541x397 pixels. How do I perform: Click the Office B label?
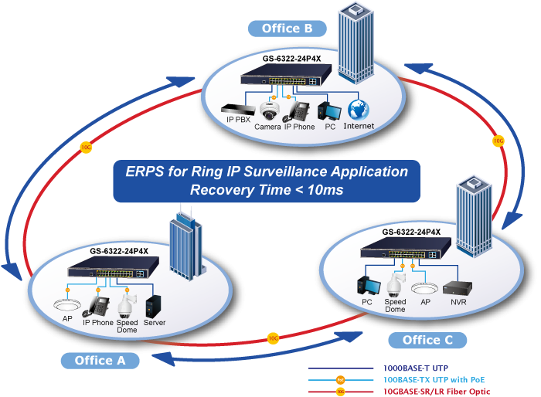click(x=287, y=29)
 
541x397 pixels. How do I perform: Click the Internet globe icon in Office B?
click(x=358, y=109)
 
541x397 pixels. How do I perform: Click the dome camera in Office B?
click(x=268, y=110)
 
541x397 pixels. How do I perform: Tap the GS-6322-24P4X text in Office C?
click(x=412, y=232)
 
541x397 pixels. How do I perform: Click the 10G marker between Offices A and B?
click(x=86, y=146)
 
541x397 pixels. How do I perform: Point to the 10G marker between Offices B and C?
click(x=498, y=141)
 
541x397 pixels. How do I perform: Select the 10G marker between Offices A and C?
click(x=273, y=338)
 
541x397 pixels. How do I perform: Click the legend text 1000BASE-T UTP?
click(x=417, y=368)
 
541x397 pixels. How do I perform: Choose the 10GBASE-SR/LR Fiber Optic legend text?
click(x=437, y=392)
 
